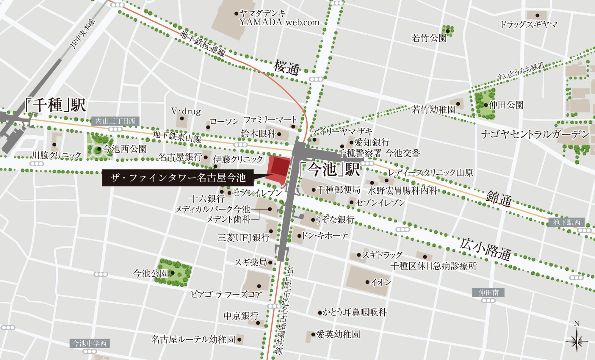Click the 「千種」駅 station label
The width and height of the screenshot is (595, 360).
pos(56,105)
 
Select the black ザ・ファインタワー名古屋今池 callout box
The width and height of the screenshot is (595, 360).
pos(178,178)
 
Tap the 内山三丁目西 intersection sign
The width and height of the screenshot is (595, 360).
pos(115,121)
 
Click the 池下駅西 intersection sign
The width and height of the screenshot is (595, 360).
pos(566,222)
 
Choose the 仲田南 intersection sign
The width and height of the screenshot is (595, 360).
pos(488,293)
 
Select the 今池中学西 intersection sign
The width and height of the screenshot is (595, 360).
pos(90,344)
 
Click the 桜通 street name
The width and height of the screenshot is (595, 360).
pos(286,68)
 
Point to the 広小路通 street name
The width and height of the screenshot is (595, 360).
pos(485,249)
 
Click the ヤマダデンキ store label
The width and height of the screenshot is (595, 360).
pos(262,13)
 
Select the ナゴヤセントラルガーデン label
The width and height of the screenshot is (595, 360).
pos(535,134)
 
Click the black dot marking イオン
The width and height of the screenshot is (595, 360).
pos(367,282)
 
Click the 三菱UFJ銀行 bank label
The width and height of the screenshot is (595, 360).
pos(243,237)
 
